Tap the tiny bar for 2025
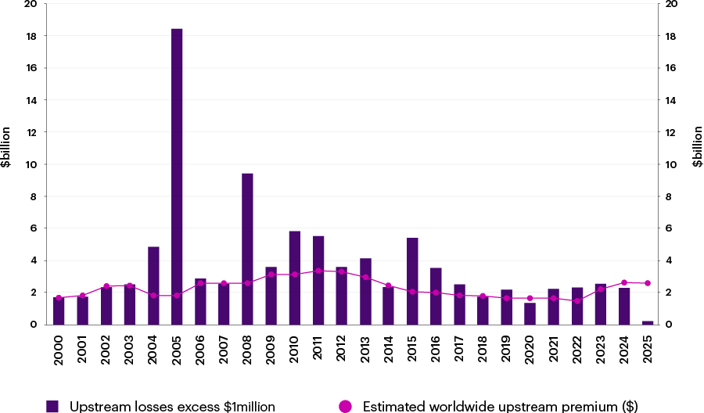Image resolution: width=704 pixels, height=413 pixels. click(x=648, y=322)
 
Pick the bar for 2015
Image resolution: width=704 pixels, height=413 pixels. click(x=412, y=281)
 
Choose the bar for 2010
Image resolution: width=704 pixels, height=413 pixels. click(x=294, y=278)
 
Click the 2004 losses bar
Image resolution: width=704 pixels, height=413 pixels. click(x=153, y=286)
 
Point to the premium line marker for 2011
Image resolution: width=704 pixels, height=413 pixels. click(x=318, y=271)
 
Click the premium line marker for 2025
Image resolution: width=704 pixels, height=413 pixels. click(x=648, y=283)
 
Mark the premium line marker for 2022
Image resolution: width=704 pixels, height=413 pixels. click(x=577, y=300)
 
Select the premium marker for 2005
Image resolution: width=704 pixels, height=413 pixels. click(x=177, y=296)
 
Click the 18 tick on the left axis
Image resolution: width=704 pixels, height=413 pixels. click(x=31, y=36)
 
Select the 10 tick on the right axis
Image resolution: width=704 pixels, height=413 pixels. click(x=671, y=164)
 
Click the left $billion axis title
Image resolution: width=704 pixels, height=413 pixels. click(x=6, y=148)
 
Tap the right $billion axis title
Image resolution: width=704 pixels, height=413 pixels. click(x=697, y=148)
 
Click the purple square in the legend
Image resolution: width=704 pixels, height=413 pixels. click(x=52, y=406)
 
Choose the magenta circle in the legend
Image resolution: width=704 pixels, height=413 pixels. click(x=345, y=406)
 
